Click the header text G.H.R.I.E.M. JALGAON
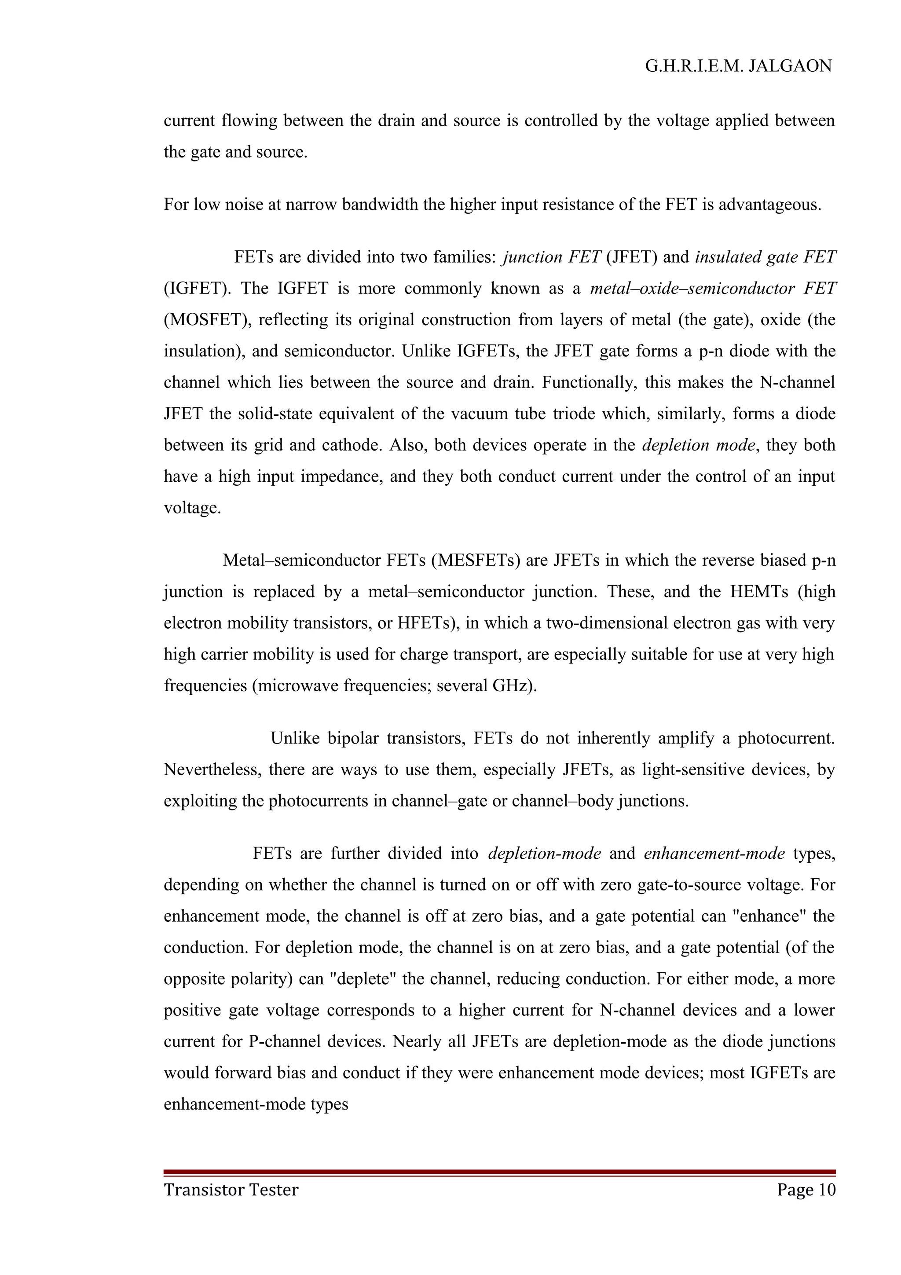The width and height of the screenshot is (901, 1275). (x=738, y=66)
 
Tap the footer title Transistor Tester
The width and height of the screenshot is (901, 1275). (x=231, y=1190)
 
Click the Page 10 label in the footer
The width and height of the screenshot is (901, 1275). (x=806, y=1190)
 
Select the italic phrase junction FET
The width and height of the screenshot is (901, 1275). (x=551, y=257)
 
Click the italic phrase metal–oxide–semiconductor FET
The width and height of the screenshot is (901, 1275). (x=713, y=289)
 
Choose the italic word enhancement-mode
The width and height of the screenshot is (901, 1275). (x=714, y=854)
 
